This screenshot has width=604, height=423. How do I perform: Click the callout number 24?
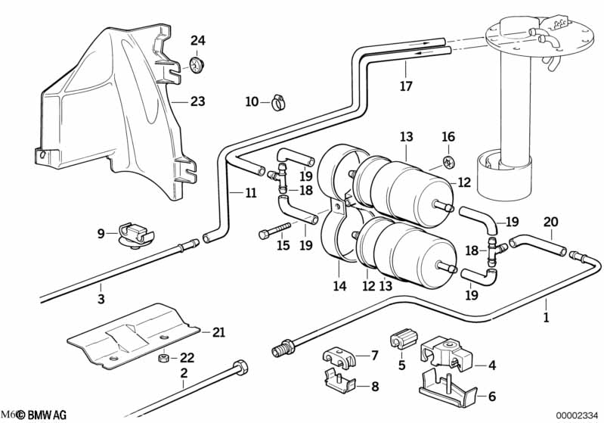pyautogui.click(x=197, y=40)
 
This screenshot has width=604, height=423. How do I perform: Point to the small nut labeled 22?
pyautogui.click(x=162, y=357)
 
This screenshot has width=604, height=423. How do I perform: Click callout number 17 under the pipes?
pyautogui.click(x=406, y=86)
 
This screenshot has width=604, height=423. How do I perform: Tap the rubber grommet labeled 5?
pyautogui.click(x=402, y=341)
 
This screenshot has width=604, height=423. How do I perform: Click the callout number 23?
pyautogui.click(x=197, y=101)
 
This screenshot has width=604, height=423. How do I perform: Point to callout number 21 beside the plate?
pyautogui.click(x=218, y=331)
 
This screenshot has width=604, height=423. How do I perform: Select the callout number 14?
pyautogui.click(x=339, y=287)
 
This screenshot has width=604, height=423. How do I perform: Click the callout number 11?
pyautogui.click(x=250, y=192)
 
